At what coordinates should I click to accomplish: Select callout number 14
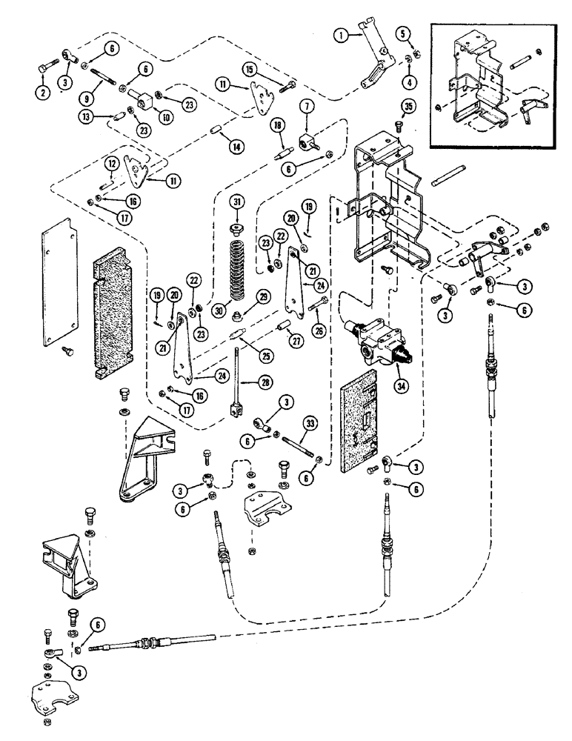point(236,147)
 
